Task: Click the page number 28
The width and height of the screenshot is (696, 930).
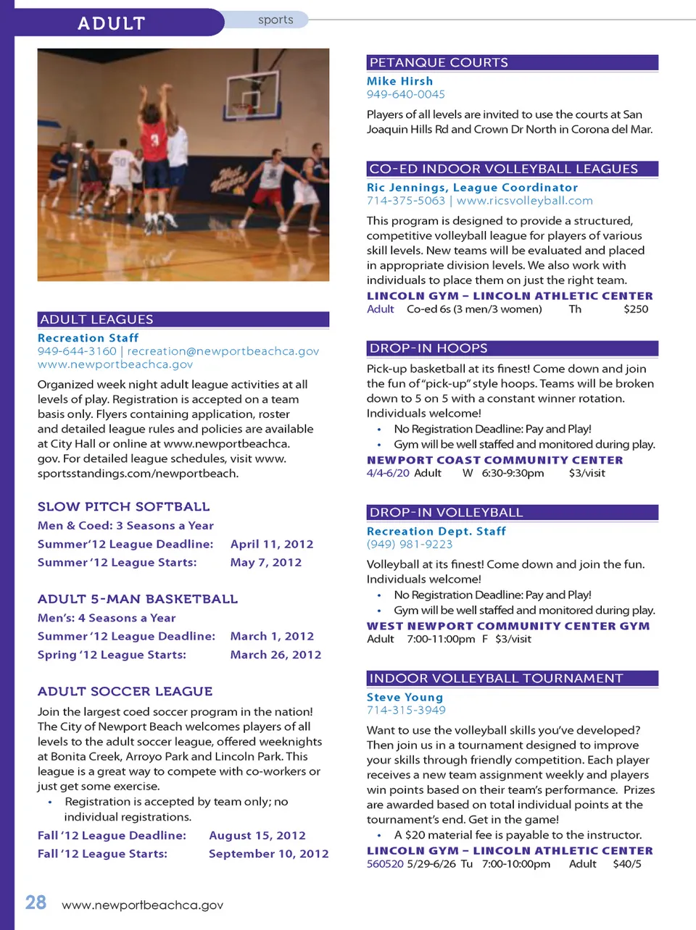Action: tap(36, 902)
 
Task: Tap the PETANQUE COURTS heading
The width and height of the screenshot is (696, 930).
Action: tap(439, 63)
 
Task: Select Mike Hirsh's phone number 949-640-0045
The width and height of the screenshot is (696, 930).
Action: tap(405, 94)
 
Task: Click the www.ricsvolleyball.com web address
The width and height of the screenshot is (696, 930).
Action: tap(524, 201)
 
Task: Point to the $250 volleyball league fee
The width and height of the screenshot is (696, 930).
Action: tap(636, 309)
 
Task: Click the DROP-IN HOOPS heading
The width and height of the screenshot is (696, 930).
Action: tap(428, 348)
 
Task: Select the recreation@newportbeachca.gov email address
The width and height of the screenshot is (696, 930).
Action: tap(223, 351)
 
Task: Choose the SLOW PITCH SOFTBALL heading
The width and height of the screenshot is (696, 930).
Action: tap(123, 507)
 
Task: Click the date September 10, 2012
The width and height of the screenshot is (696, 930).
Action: tap(268, 854)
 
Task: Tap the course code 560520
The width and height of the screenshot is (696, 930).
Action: tap(385, 864)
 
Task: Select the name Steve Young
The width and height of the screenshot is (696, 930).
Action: tap(405, 697)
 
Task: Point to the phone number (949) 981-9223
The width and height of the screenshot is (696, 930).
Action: tap(409, 544)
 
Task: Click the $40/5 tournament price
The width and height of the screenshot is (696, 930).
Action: tap(626, 864)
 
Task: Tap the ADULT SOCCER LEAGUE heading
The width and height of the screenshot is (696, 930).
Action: tap(125, 692)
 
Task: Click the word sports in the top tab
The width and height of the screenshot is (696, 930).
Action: tap(275, 20)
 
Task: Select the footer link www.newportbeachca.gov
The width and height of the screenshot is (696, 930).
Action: tap(142, 905)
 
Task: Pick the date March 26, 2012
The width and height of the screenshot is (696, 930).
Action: tap(275, 655)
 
